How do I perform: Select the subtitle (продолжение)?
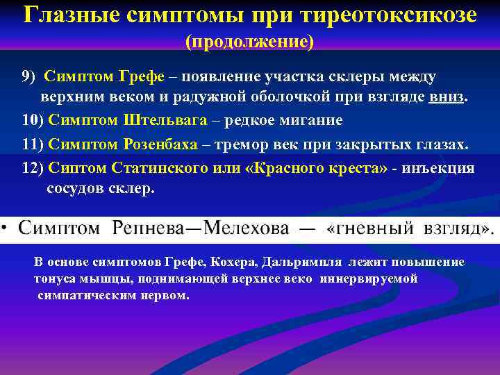point(249,42)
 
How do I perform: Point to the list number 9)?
point(31,76)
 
